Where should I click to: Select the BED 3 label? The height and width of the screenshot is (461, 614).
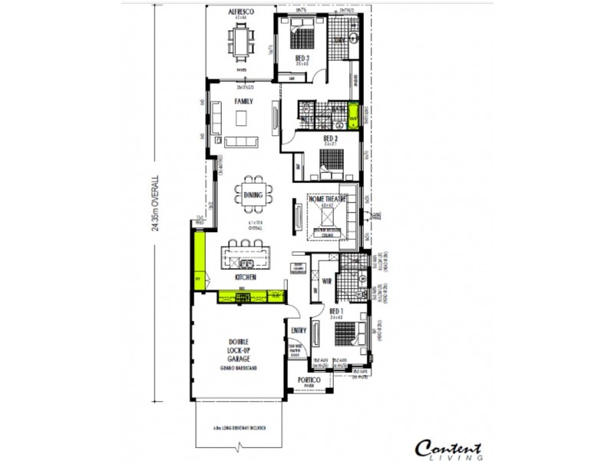pos(302,58)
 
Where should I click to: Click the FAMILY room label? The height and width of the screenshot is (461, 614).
pos(244,101)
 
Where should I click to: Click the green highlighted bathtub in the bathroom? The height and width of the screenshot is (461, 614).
pos(353,118)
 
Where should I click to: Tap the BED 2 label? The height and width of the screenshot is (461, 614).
pos(331,138)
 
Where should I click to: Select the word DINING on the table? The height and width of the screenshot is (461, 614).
pos(253,195)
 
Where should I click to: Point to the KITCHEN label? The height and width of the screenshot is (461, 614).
pos(246,277)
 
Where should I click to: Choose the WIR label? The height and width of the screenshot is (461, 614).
pos(325,281)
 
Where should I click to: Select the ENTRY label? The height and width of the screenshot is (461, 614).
pos(299,331)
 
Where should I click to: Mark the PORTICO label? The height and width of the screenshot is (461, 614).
pos(310,381)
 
